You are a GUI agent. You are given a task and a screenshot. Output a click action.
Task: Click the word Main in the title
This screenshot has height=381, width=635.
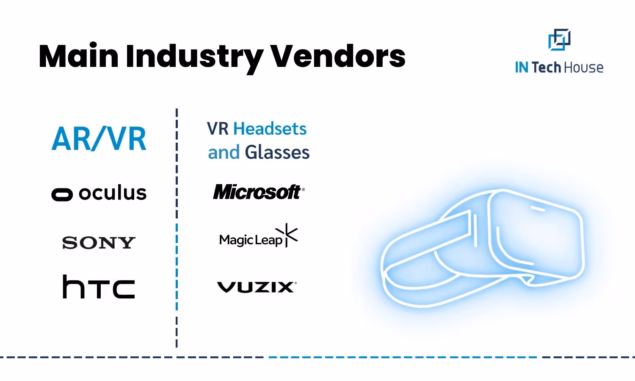(79, 56)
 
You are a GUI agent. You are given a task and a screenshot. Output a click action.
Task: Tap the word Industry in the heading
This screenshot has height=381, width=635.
(194, 57)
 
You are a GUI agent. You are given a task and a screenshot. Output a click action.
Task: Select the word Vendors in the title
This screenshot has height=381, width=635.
(338, 56)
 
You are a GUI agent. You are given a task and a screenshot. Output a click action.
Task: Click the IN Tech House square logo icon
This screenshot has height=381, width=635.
(559, 40)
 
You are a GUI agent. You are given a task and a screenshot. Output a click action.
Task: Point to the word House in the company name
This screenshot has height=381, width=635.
(584, 68)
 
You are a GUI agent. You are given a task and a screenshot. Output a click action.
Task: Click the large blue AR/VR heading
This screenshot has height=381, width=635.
(99, 139)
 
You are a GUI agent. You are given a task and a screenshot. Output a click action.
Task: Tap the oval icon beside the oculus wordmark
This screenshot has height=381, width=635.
(62, 194)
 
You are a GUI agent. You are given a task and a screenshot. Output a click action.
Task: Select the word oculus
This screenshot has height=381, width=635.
(113, 193)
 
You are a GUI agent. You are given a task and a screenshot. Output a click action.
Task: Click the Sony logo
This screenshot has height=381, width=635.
(99, 243)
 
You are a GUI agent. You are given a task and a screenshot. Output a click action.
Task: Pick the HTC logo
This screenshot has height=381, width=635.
(99, 287)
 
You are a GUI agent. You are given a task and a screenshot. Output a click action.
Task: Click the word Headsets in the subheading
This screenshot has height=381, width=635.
(270, 129)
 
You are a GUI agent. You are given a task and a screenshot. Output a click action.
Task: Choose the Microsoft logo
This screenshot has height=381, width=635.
(257, 192)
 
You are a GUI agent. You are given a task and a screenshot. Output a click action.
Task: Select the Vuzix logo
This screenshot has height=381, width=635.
(257, 287)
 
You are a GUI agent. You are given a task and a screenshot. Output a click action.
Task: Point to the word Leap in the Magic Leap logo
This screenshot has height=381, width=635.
(269, 240)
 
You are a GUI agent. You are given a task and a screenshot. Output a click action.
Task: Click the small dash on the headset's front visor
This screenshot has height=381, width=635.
(538, 209)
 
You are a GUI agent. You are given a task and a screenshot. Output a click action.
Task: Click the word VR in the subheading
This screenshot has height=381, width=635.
(218, 129)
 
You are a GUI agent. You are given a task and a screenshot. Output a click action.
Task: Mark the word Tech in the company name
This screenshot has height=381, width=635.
(546, 68)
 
